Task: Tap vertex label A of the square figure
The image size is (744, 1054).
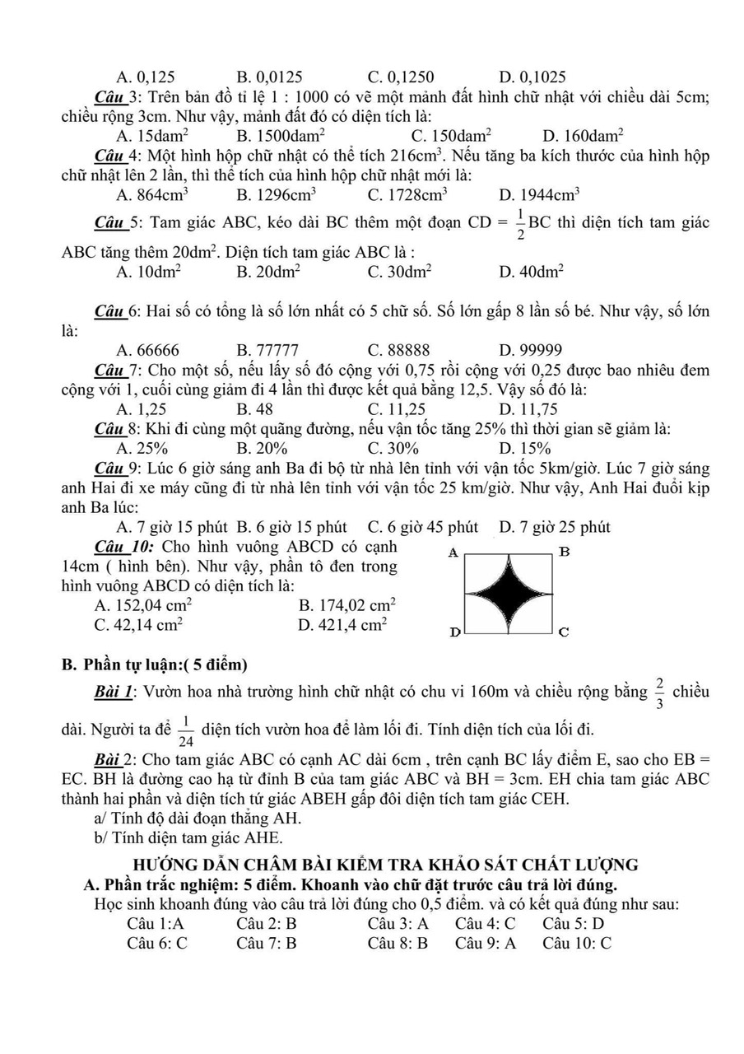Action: (x=452, y=553)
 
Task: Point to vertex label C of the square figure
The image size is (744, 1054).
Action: (x=564, y=632)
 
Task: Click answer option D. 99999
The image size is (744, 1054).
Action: (x=530, y=350)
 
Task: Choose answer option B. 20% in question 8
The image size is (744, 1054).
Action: (x=262, y=448)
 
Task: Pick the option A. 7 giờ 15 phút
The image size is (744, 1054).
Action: (x=174, y=527)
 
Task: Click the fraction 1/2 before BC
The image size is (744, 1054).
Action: (x=519, y=224)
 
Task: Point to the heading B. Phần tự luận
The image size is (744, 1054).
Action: (x=155, y=665)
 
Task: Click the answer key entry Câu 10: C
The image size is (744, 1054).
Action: (x=576, y=944)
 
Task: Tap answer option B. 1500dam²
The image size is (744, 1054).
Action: (x=281, y=135)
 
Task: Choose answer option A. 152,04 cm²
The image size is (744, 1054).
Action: (x=143, y=604)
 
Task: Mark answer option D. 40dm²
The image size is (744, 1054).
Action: (x=531, y=271)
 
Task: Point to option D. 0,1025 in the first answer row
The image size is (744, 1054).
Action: (x=532, y=77)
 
